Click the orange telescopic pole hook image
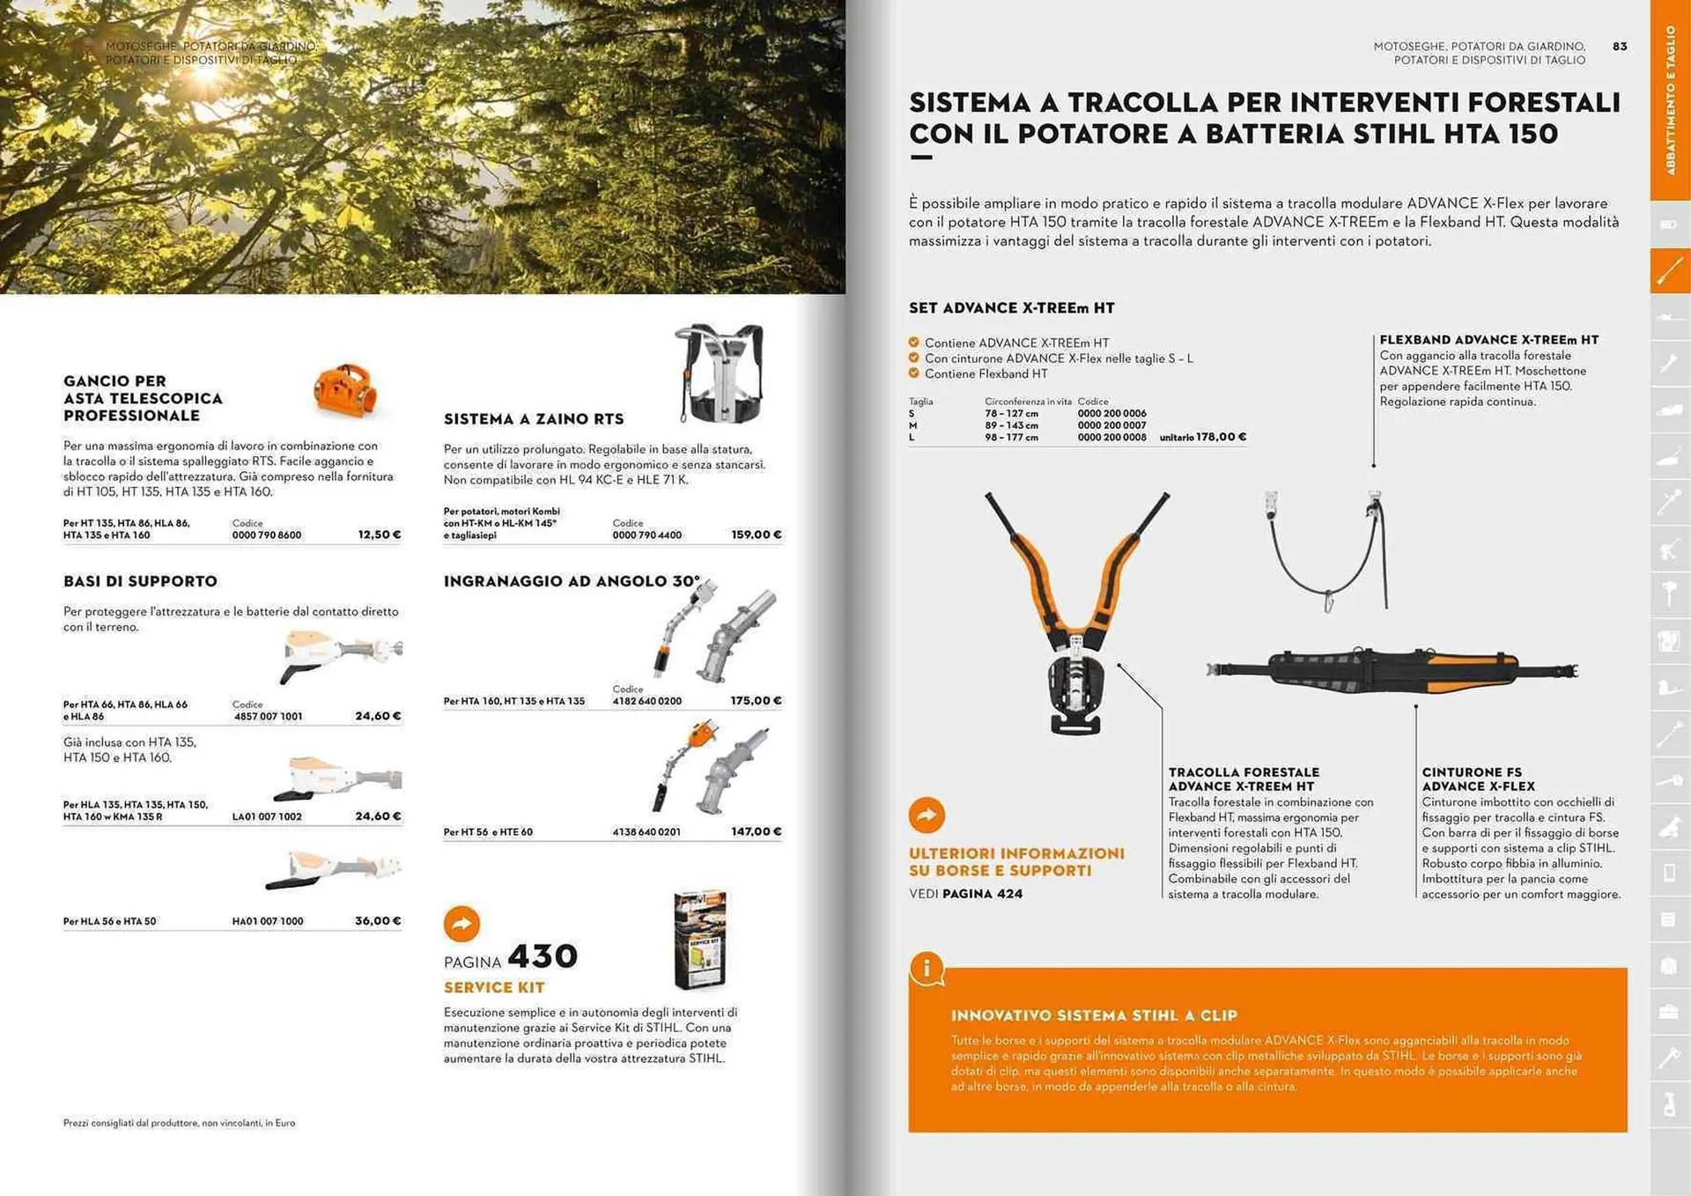click(x=345, y=390)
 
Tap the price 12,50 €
click(x=379, y=535)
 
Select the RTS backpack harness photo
click(x=720, y=373)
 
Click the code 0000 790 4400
click(x=646, y=535)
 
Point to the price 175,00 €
click(x=756, y=701)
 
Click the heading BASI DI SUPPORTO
click(x=140, y=581)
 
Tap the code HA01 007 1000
click(x=267, y=921)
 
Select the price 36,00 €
click(x=378, y=920)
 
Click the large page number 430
click(x=543, y=956)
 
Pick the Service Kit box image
click(x=700, y=940)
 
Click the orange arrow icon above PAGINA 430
click(x=462, y=924)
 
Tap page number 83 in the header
click(x=1620, y=46)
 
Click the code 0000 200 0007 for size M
click(x=1111, y=425)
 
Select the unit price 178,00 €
click(x=1221, y=437)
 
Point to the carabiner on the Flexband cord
click(x=1328, y=604)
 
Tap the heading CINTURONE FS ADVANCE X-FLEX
click(x=1478, y=779)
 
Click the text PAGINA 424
click(x=982, y=894)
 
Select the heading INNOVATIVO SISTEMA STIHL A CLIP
click(x=1094, y=1015)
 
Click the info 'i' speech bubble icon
click(x=927, y=969)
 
